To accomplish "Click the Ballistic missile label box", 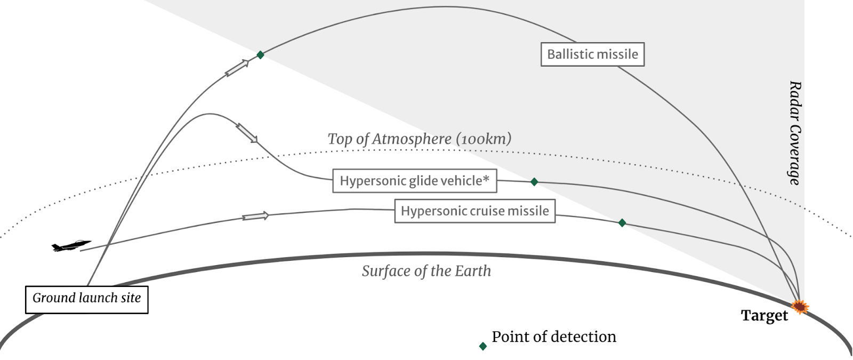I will pos(592,54).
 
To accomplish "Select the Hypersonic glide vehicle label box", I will pos(414,181).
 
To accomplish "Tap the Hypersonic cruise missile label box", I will pos(474,211).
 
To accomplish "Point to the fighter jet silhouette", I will pos(71,246).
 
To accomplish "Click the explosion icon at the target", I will pos(800,307).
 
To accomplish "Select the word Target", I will pos(764,315).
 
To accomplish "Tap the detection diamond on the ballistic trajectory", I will pos(260,55).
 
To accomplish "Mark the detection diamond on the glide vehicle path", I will pos(534,182).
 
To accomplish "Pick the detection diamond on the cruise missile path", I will pos(622,223).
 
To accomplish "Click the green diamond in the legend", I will pos(483,346).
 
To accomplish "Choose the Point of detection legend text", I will pos(553,337).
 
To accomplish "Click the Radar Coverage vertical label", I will pos(794,133).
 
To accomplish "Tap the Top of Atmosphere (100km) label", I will pos(419,139).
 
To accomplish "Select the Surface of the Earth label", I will pos(426,271).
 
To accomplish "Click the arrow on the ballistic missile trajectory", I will pos(237,68).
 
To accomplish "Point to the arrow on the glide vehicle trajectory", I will pos(247,133).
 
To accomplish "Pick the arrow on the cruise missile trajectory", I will pos(255,216).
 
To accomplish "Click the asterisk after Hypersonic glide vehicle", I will pos(486,179).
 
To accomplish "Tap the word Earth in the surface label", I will pos(472,271).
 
